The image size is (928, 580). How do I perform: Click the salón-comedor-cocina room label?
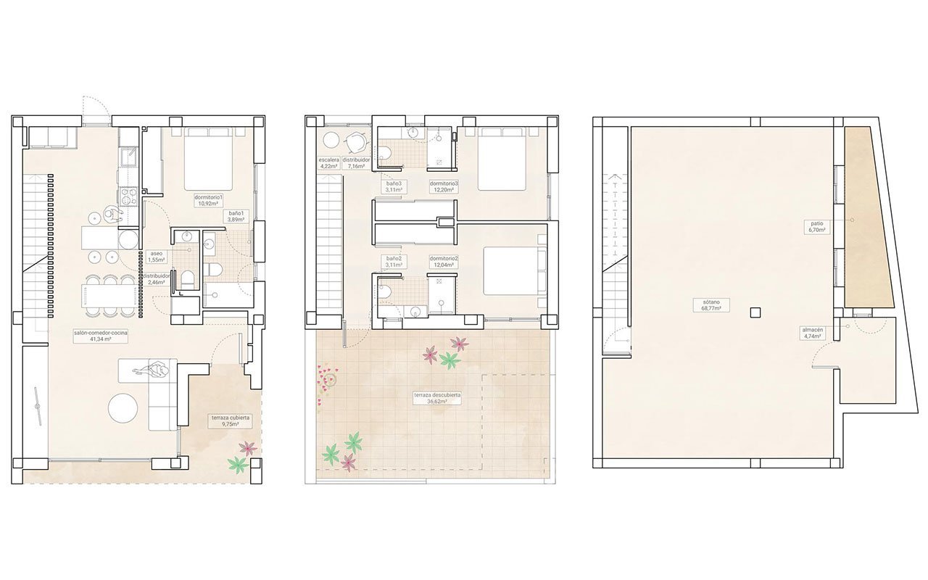(x=101, y=336)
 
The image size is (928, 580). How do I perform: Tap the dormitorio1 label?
(x=208, y=201)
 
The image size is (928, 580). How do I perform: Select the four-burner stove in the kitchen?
(x=128, y=196)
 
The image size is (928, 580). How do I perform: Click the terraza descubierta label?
(x=437, y=398)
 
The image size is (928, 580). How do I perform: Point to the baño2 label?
(x=394, y=262)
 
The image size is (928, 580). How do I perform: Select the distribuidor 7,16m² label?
(x=357, y=163)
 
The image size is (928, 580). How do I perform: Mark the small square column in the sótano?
(x=755, y=312)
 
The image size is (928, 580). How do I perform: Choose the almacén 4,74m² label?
(x=811, y=333)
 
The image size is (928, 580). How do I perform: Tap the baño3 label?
(x=394, y=187)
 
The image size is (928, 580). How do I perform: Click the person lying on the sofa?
(x=154, y=371)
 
